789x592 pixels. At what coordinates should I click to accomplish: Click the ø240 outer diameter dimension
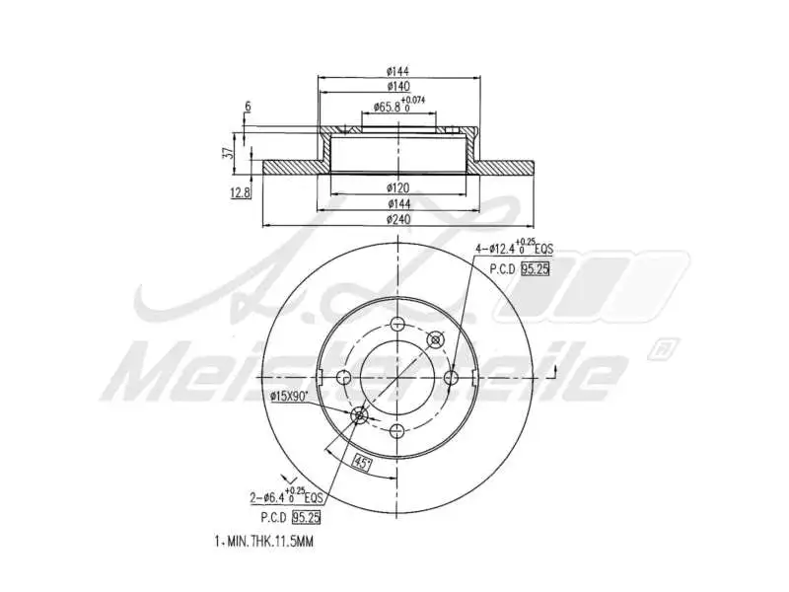pos(397,218)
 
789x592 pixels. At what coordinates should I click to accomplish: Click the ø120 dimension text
pos(397,185)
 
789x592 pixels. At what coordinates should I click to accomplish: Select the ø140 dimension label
pos(397,87)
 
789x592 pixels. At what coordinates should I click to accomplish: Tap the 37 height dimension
pos(228,153)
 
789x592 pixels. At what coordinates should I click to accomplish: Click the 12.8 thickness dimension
pos(239,193)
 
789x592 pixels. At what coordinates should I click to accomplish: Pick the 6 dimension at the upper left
pos(248,106)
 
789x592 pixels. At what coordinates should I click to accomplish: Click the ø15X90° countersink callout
pos(290,396)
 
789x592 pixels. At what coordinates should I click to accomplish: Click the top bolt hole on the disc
pos(397,326)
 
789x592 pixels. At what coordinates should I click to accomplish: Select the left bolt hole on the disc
pos(344,377)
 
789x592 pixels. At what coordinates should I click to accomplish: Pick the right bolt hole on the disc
pos(451,377)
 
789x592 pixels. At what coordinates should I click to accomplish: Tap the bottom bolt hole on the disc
pos(397,430)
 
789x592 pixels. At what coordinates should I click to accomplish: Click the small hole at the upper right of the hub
pos(434,339)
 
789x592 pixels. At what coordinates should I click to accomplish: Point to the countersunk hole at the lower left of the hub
pos(360,415)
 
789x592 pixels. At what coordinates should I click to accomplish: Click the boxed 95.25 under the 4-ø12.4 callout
pos(536,268)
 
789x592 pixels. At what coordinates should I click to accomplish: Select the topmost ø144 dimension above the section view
pos(397,70)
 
